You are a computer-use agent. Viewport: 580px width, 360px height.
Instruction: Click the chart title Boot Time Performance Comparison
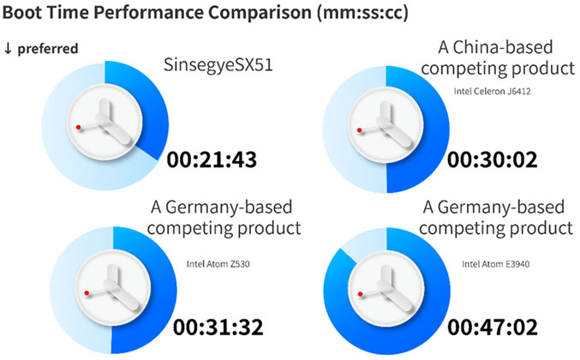click(157, 12)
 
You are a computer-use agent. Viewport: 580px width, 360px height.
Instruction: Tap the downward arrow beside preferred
click(8, 49)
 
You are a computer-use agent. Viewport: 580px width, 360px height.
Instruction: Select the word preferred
click(48, 49)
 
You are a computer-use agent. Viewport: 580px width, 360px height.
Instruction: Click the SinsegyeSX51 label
click(218, 65)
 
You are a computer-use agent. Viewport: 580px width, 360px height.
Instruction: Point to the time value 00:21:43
click(212, 159)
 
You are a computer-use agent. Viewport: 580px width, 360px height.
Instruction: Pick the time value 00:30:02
click(493, 159)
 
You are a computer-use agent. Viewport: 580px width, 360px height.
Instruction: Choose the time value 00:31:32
click(218, 327)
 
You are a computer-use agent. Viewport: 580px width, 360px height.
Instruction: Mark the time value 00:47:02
click(493, 327)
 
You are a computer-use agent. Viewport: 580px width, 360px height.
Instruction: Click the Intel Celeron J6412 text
click(493, 91)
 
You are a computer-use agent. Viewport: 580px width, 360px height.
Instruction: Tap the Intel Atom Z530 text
click(218, 264)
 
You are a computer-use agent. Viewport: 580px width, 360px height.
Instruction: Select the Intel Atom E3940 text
click(496, 264)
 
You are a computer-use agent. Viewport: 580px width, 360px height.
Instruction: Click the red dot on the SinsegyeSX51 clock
click(79, 127)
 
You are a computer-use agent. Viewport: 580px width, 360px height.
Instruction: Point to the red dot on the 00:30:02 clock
click(359, 130)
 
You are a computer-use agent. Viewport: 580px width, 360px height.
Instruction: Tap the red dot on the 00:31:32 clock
click(87, 293)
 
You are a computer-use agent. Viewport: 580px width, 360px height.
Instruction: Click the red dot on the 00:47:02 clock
click(361, 294)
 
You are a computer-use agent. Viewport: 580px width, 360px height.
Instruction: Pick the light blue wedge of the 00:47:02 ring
click(366, 244)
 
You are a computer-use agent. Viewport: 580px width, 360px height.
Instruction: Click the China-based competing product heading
click(498, 58)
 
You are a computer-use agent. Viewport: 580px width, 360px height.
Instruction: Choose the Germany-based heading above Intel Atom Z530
click(224, 218)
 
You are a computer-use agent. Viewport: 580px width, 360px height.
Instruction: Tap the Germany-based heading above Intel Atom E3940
click(496, 218)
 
